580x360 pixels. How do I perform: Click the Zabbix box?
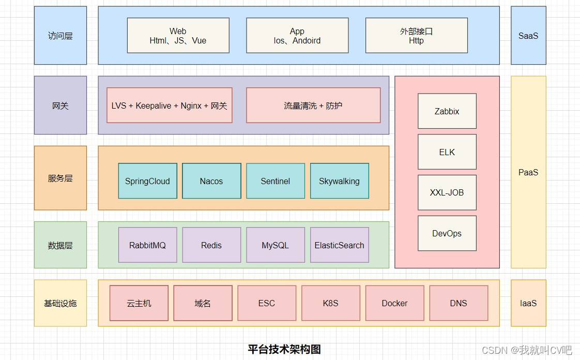click(447, 111)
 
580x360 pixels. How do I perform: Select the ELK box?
click(447, 152)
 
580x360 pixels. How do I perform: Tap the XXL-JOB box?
click(447, 192)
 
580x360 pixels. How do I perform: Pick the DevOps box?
click(447, 233)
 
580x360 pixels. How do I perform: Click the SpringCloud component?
click(147, 181)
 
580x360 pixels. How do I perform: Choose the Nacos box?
click(211, 181)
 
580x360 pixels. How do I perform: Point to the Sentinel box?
click(276, 181)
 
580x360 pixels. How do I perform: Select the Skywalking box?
click(339, 181)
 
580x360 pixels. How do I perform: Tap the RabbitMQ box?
click(147, 245)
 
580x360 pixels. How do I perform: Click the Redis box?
click(211, 245)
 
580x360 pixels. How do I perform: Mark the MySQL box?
click(276, 245)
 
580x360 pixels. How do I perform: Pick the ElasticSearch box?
click(339, 245)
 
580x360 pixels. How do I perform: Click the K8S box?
click(330, 303)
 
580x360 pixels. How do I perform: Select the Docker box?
click(394, 303)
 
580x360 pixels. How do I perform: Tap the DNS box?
click(459, 303)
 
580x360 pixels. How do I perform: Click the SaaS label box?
click(528, 36)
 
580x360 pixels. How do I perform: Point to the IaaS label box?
click(528, 303)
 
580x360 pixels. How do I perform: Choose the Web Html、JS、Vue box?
click(178, 36)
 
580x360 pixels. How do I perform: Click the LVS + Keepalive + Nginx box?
click(169, 106)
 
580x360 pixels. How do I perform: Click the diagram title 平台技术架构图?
click(284, 349)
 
